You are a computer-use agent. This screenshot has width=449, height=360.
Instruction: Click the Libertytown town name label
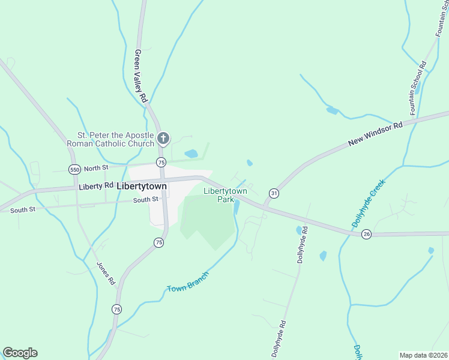(x=142, y=186)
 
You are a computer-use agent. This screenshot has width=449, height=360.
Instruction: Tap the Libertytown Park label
(x=225, y=195)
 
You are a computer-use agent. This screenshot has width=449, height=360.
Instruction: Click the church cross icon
(x=162, y=140)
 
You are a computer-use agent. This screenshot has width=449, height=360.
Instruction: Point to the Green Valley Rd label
(x=140, y=75)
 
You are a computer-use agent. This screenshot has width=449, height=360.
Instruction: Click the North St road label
(x=95, y=169)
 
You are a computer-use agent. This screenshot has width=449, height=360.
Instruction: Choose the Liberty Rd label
(x=95, y=187)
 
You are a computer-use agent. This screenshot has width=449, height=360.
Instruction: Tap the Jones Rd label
(x=106, y=273)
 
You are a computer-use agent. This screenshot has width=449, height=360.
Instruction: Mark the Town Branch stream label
(x=187, y=283)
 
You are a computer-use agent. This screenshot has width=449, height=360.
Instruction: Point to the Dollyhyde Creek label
(x=367, y=206)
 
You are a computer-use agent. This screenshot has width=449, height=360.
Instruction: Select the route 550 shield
(x=74, y=169)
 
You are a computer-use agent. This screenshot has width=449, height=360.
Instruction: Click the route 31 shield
(x=274, y=193)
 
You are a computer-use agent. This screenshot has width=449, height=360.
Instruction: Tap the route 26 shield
(x=366, y=234)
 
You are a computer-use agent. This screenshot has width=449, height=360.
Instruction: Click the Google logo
(x=20, y=353)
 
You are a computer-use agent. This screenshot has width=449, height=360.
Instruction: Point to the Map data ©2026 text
(x=423, y=355)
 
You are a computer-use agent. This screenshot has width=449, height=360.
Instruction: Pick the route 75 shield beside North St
(x=160, y=163)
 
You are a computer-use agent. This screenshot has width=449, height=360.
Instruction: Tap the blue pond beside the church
(x=191, y=154)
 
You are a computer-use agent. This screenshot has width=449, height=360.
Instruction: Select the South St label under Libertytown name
(x=145, y=200)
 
